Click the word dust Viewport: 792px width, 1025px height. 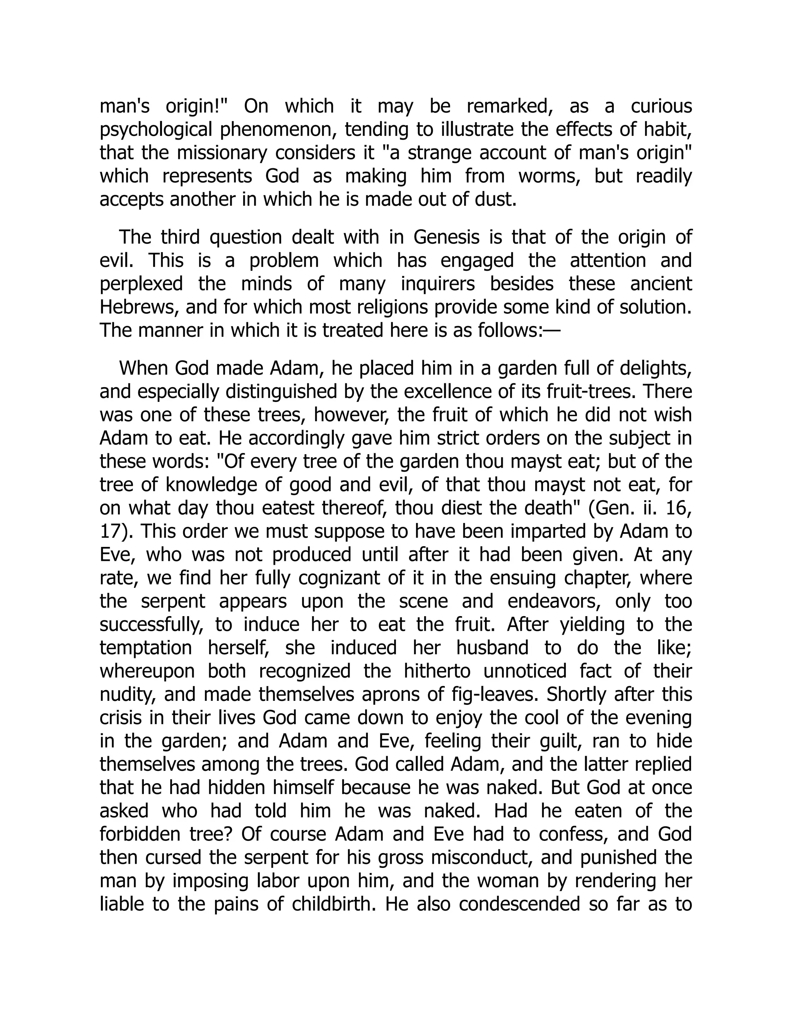[x=497, y=200]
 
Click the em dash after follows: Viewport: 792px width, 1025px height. [x=552, y=330]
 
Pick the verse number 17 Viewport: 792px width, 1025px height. [x=111, y=531]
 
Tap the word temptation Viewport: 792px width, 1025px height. [x=145, y=647]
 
